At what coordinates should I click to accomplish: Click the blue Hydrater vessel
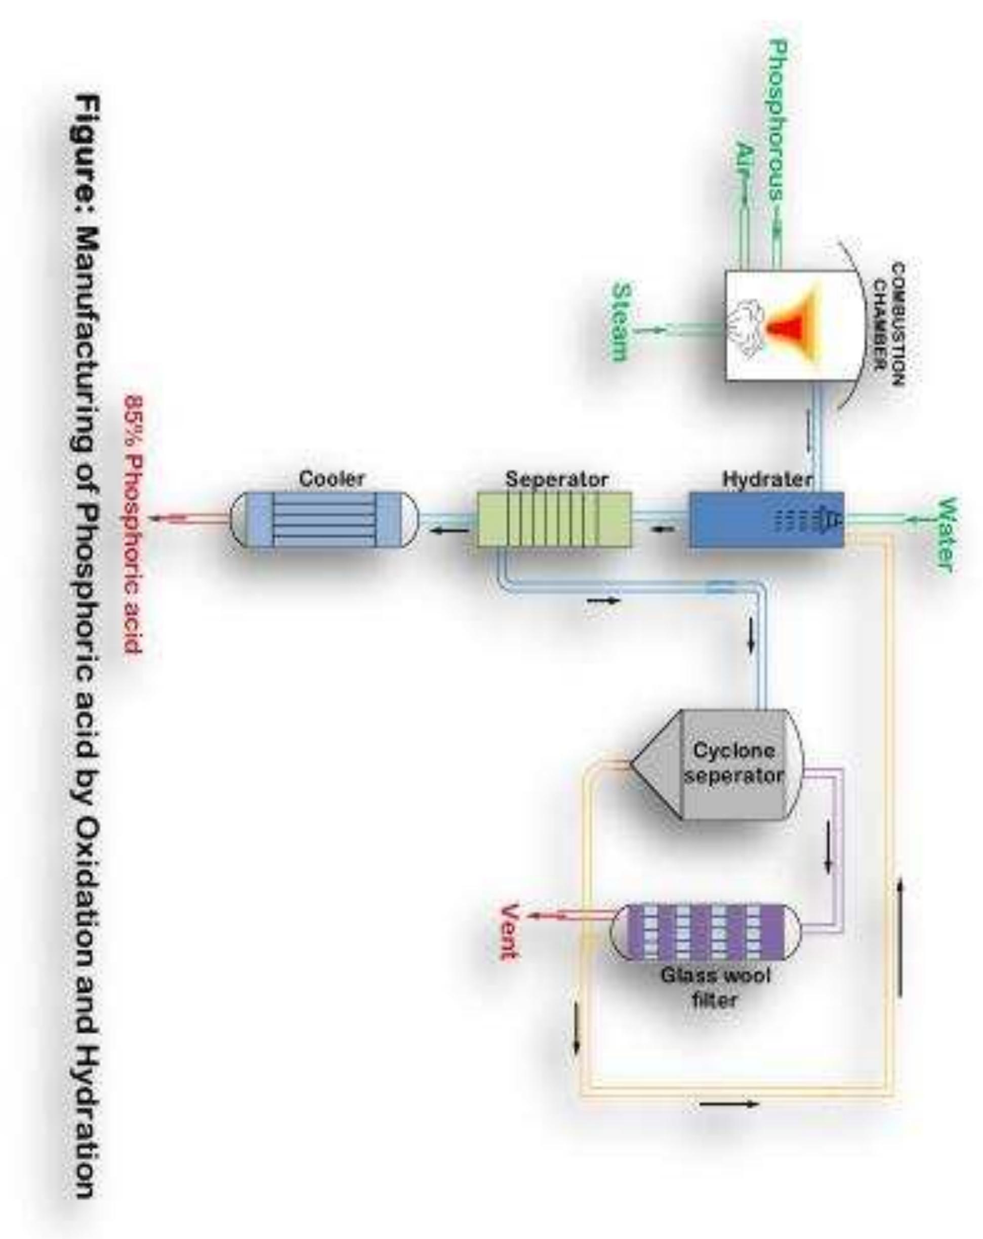(x=766, y=519)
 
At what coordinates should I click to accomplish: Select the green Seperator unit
(x=554, y=519)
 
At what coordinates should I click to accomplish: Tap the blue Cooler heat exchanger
(x=324, y=519)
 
